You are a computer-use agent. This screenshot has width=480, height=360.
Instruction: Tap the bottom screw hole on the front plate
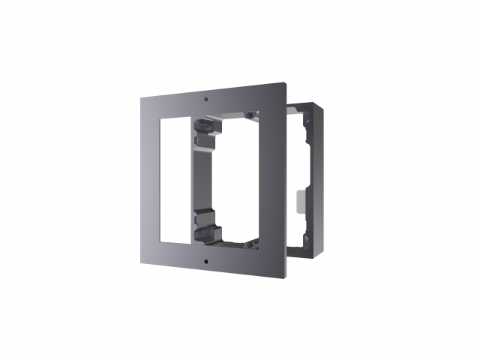coord(205,262)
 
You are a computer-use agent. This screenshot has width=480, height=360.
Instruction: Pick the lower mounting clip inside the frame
coord(202,225)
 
